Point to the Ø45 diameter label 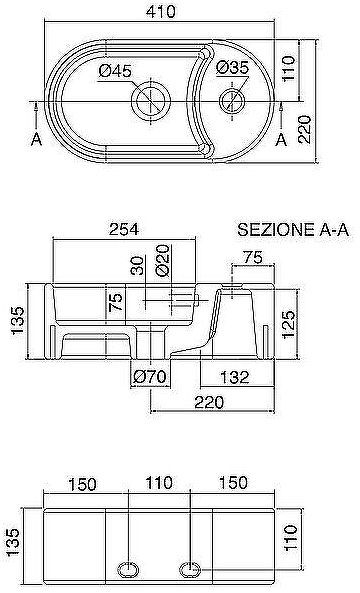point(117,70)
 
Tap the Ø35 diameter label point(232,68)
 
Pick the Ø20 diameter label point(161,265)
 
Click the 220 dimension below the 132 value point(210,401)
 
